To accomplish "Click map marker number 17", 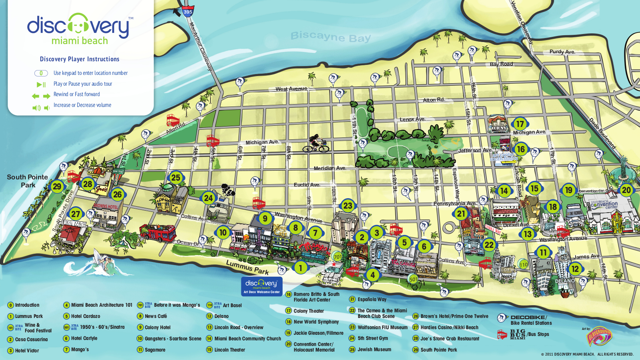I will (520, 124).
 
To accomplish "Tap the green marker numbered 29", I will (57, 186).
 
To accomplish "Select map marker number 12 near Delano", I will (575, 269).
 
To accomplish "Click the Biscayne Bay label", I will (331, 36).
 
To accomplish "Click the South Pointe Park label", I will (27, 181).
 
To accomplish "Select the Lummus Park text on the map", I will (247, 267).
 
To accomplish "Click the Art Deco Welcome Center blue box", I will (262, 286).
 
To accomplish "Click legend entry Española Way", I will (372, 299).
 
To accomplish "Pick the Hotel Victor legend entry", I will (27, 351).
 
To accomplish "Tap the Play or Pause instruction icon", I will (41, 84).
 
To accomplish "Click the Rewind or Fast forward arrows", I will (41, 96).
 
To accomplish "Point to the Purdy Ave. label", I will (562, 52).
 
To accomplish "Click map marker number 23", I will (347, 206).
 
